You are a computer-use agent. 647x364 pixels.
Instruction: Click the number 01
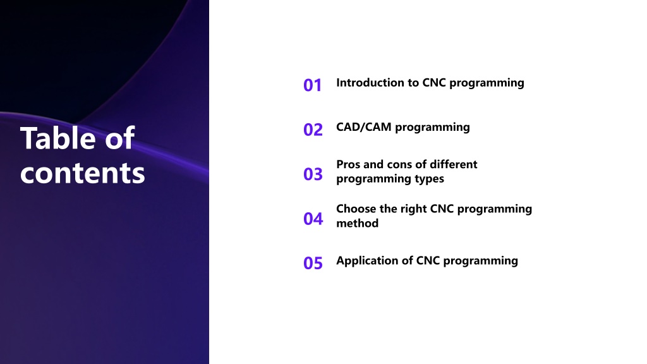312,85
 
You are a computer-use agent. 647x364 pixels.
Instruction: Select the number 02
313,130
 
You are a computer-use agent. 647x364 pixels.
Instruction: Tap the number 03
313,174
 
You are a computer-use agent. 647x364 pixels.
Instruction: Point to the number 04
313,219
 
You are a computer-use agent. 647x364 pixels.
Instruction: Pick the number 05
313,264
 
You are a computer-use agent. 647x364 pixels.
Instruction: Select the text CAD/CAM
363,127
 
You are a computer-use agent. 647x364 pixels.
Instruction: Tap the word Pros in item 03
348,164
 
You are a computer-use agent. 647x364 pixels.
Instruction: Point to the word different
454,164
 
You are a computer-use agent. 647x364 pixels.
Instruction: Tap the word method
358,223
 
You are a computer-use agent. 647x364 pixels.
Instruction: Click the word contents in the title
83,173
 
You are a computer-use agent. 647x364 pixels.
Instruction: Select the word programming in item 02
432,128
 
